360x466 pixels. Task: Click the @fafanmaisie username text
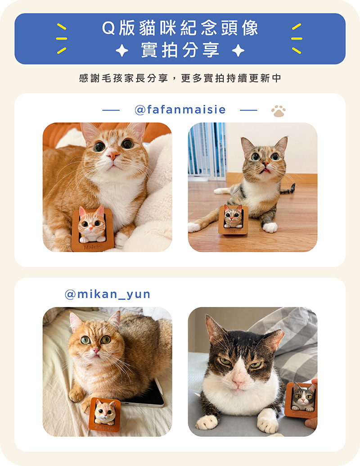[180, 110]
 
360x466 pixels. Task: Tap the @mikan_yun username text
[108, 294]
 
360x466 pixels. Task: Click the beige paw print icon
[278, 111]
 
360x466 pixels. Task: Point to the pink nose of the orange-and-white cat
[113, 155]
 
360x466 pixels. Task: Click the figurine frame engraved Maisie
[92, 230]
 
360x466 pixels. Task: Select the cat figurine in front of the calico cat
[233, 219]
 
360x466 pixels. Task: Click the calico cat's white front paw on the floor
[270, 227]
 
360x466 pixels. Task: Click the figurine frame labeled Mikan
[105, 414]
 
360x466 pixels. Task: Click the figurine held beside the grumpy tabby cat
[301, 400]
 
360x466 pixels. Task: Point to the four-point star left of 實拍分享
[122, 50]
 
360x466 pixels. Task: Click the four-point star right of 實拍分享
[238, 50]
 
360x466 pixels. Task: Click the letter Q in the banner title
[108, 28]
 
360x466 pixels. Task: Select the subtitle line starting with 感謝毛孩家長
[180, 78]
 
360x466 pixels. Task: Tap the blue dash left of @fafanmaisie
[111, 110]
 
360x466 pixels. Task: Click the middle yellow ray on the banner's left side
[62, 39]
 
